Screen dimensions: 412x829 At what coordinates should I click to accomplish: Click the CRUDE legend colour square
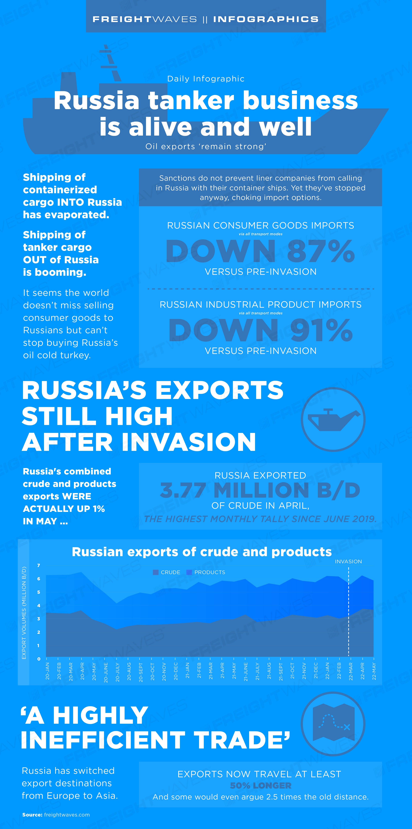(x=156, y=572)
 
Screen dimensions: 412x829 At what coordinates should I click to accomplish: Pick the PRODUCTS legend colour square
(x=189, y=572)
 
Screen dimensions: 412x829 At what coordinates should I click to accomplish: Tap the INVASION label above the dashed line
(x=348, y=562)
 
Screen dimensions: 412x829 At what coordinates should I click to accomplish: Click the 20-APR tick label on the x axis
(x=82, y=671)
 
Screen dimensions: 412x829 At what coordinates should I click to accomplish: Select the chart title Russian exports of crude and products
(x=202, y=552)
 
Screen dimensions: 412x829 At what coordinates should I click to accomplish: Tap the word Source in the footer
(x=32, y=815)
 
